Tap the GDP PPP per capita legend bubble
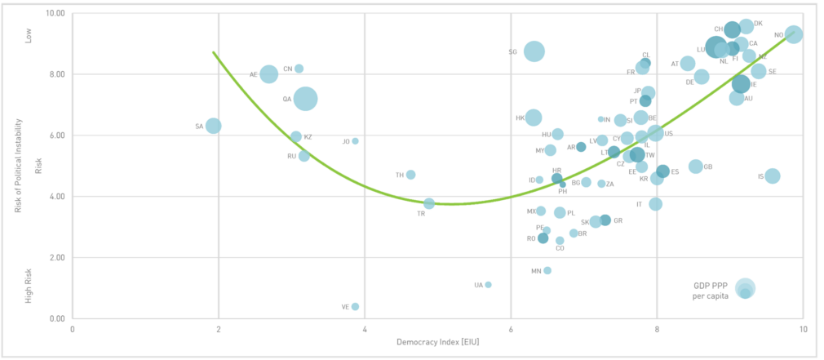point(744,287)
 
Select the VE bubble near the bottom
point(356,307)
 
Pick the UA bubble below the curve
point(488,284)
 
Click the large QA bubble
point(306,99)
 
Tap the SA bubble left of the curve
point(214,126)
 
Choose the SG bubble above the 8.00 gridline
point(534,51)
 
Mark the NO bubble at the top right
point(793,34)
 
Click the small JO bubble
point(356,140)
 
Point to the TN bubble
point(410,175)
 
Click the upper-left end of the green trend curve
point(214,52)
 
